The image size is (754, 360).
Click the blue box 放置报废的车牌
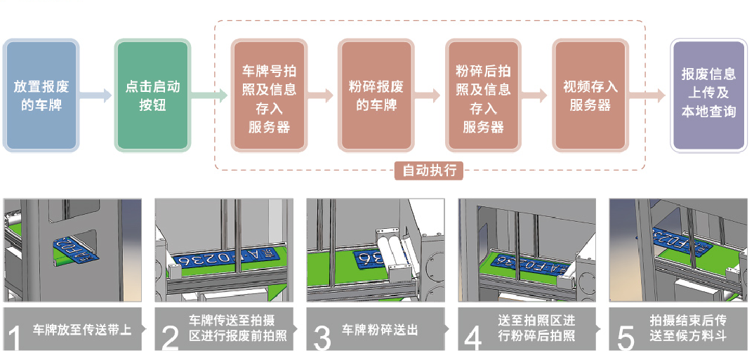point(40,96)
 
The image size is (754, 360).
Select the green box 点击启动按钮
point(152,96)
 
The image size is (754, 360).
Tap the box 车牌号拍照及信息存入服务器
point(268,96)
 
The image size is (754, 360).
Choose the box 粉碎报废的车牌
point(376,96)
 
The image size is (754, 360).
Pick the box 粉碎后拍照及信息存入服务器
point(482,96)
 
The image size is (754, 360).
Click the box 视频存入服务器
point(590,96)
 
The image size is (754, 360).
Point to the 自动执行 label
point(429,170)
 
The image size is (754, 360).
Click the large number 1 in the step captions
point(14,336)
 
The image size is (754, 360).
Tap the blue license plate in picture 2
point(225,260)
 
